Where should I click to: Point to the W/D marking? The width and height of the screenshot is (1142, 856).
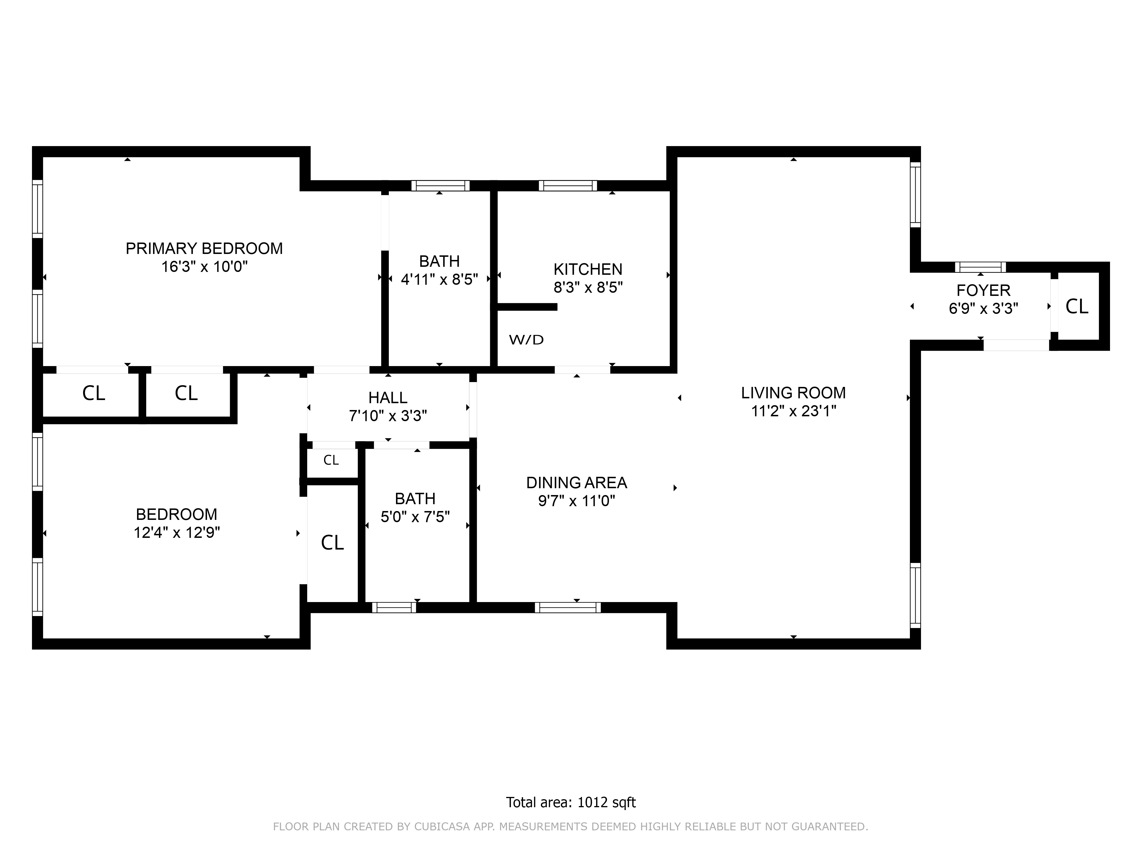tap(526, 340)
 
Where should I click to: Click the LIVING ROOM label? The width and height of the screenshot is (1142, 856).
tap(793, 393)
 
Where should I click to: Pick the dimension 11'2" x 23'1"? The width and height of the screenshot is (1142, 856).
tap(793, 411)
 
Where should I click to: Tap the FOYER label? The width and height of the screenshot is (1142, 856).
tap(983, 290)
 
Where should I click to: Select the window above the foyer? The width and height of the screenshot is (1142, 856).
tap(980, 267)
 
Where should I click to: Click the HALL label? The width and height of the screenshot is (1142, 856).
tap(388, 398)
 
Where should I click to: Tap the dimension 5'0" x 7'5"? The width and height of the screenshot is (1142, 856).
tap(415, 517)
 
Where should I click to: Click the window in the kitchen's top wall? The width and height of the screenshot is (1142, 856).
tap(567, 186)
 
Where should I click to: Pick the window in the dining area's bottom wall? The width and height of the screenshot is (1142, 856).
tap(567, 607)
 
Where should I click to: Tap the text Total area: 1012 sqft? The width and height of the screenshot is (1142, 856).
tap(570, 802)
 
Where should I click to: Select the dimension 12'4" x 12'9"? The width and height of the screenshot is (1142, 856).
tap(176, 532)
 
